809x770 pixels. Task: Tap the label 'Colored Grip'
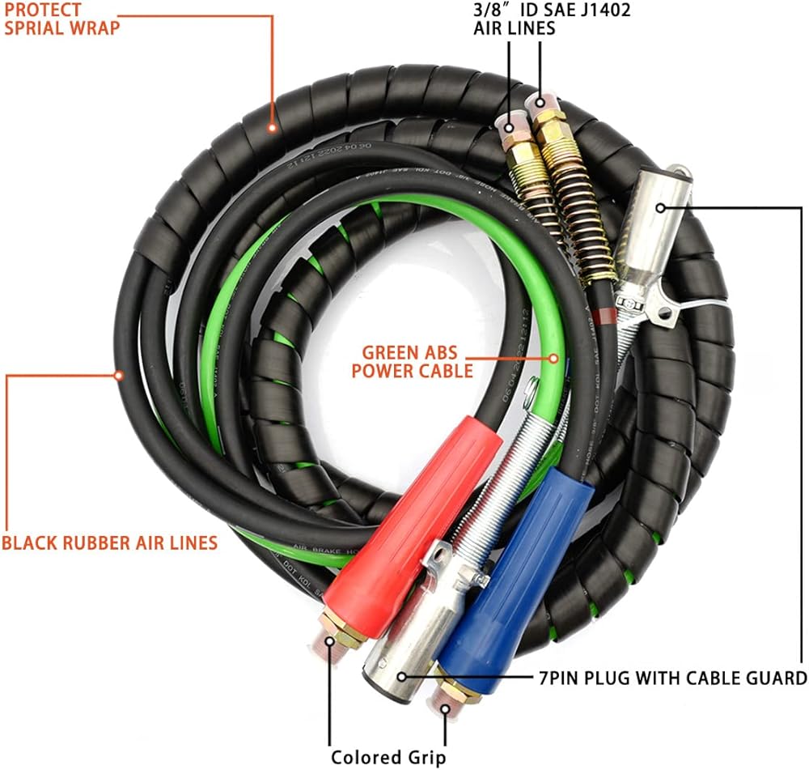point(388,757)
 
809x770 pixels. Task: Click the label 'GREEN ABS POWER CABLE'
point(417,362)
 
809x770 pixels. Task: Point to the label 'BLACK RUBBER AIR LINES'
point(109,542)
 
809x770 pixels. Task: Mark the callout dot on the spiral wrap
point(273,127)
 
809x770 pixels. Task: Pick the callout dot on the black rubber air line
point(118,375)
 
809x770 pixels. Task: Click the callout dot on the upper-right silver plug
point(662,208)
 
